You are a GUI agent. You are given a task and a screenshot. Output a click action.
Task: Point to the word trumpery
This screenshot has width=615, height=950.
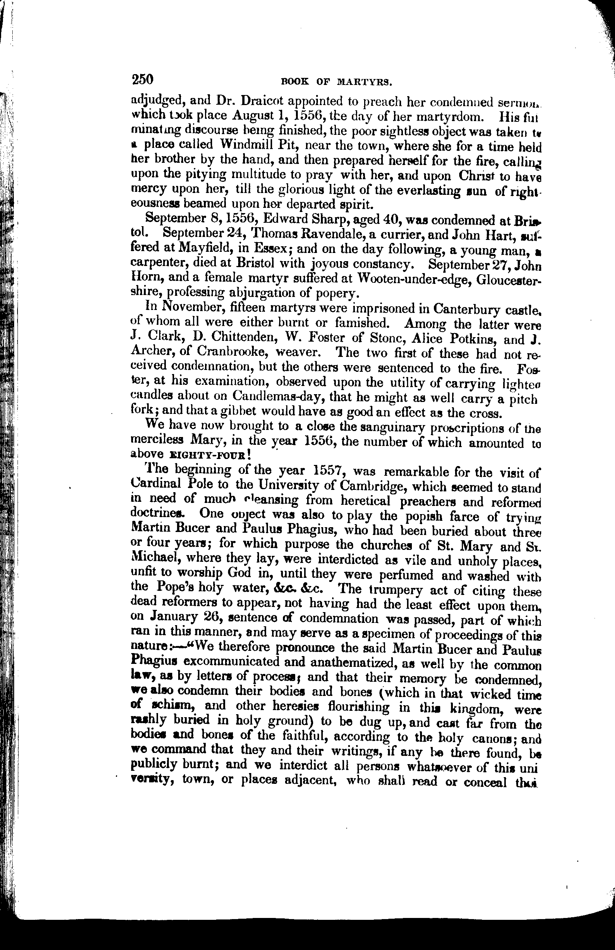click(x=403, y=590)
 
